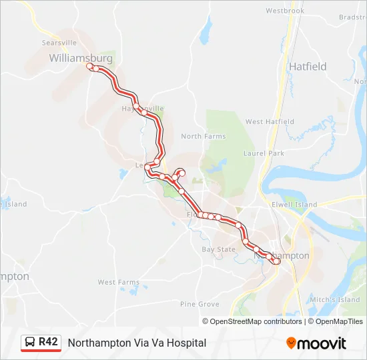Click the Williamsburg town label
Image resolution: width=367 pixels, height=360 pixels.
point(80,59)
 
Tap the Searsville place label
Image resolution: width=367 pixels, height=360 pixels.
point(60,42)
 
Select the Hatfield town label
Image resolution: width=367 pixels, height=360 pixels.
point(308,67)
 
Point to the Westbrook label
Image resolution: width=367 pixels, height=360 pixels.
point(285,11)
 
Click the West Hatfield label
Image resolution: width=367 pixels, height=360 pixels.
point(270,122)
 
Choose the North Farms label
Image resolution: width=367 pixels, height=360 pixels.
point(204,137)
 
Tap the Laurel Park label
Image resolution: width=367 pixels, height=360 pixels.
point(264,153)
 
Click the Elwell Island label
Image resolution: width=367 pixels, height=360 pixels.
point(294,205)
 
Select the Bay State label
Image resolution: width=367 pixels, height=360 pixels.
point(219,250)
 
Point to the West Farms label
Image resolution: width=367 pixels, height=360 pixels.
point(119,283)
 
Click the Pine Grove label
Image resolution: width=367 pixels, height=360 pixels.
point(200,304)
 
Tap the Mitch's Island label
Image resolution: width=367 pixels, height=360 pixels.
point(340,300)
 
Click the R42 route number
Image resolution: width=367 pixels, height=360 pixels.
point(48,342)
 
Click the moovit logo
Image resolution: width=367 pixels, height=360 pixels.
point(316,343)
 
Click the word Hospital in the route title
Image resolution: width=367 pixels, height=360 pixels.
point(188,343)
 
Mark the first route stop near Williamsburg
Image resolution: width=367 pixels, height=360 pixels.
point(90,67)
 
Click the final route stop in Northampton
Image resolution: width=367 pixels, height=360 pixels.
point(276,261)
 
